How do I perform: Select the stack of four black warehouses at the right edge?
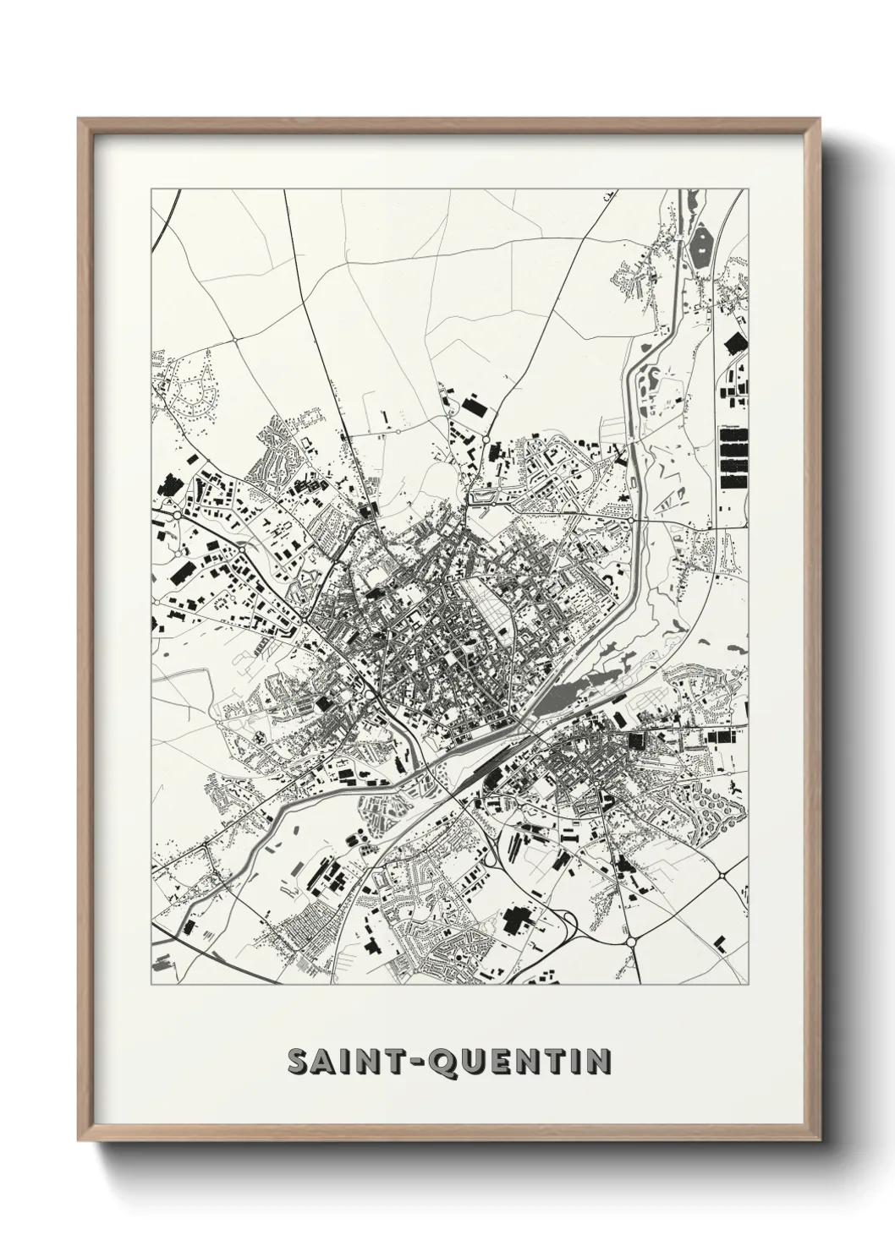click(733, 457)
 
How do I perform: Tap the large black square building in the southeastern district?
click(634, 740)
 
